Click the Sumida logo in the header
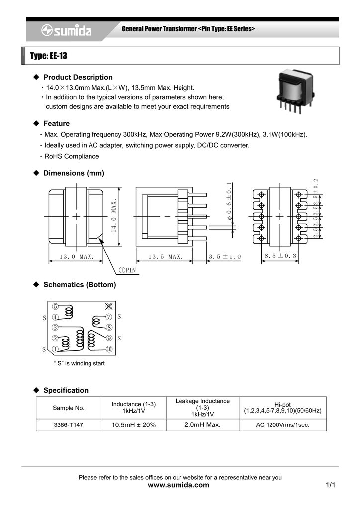coord(66,31)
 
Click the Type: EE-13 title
coord(48,56)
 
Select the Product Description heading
coord(78,77)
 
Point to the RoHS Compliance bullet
coord(72,156)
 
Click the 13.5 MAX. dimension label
coord(166,256)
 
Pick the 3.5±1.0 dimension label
coord(224,256)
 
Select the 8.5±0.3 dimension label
coord(280,256)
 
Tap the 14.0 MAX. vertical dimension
coord(114,216)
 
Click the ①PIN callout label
coord(127,270)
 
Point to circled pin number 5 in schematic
coord(55,306)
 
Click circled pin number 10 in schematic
coord(109,349)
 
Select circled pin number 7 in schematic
coord(109,317)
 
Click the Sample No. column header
coord(69,408)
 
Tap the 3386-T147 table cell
coord(69,425)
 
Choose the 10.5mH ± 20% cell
coord(133,425)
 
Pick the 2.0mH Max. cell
coord(202,424)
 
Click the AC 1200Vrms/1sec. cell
coord(282,425)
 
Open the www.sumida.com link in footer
coord(180,485)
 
